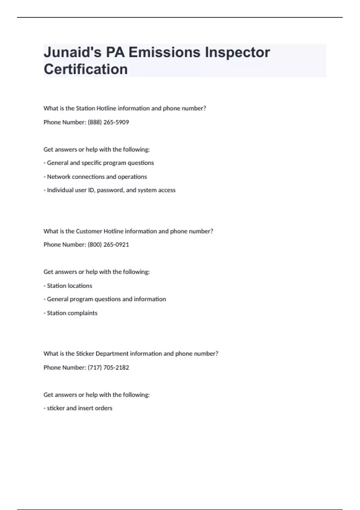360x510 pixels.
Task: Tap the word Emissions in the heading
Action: point(164,52)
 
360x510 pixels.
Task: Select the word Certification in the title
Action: point(86,69)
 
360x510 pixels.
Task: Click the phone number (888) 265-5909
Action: point(108,122)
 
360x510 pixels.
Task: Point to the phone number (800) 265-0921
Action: point(108,245)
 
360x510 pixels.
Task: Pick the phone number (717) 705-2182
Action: point(108,367)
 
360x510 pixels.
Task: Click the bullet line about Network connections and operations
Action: point(95,177)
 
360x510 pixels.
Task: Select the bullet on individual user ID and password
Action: point(109,190)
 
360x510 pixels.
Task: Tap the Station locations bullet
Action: point(68,286)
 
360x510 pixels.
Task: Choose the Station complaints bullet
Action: point(70,313)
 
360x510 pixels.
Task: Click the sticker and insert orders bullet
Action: point(78,408)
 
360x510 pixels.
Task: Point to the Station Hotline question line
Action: point(125,108)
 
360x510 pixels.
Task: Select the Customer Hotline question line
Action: point(128,231)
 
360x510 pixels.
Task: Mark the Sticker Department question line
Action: point(131,354)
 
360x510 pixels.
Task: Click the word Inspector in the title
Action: point(237,52)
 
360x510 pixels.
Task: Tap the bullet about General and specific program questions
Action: point(99,163)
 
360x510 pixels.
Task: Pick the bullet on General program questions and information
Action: point(105,299)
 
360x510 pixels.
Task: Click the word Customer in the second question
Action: point(89,231)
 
